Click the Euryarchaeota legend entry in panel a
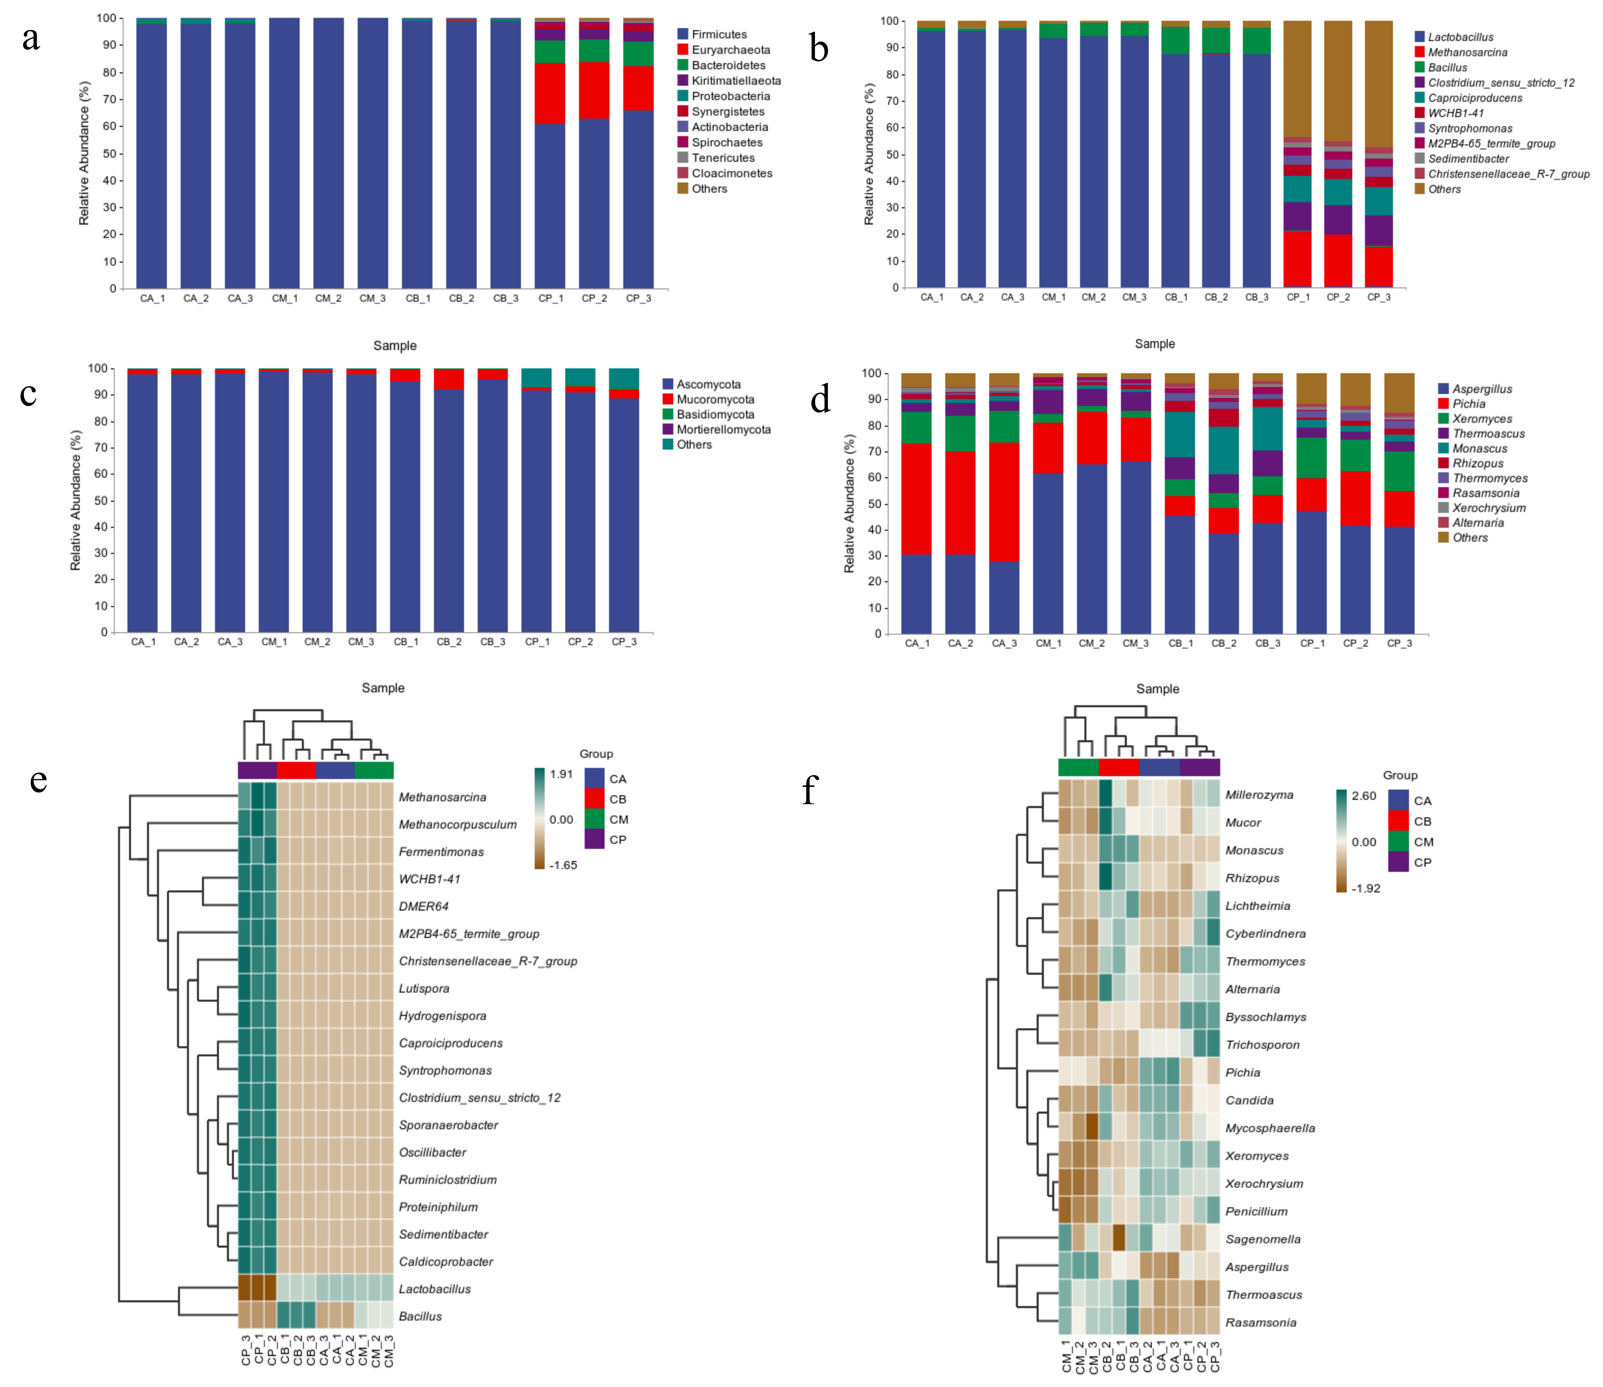click(730, 50)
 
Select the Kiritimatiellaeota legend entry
click(735, 81)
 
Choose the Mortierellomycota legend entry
click(723, 430)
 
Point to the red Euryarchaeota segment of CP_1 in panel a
click(549, 93)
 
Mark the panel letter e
click(38, 780)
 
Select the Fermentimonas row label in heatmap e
click(440, 851)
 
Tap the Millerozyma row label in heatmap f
click(1259, 795)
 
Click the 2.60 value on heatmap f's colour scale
click(1364, 796)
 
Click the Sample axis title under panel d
click(1157, 689)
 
